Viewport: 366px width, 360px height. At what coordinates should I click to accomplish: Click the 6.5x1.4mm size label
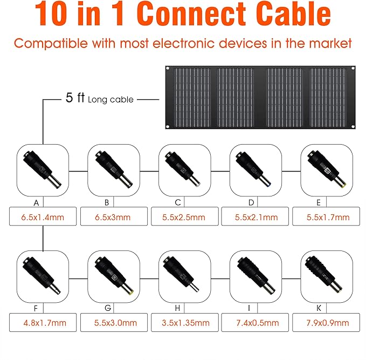[43, 218]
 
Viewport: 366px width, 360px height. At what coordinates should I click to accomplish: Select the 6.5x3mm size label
[113, 218]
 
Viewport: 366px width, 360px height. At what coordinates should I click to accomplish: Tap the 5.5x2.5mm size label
[184, 218]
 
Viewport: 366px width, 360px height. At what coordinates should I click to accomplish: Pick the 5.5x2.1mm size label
[257, 218]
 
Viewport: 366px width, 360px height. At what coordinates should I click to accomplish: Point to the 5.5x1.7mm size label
[328, 218]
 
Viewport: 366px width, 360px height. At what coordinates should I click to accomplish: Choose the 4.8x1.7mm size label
[45, 323]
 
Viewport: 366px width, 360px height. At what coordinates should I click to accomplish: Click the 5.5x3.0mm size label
[115, 323]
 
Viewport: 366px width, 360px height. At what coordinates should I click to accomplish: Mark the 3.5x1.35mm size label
[186, 323]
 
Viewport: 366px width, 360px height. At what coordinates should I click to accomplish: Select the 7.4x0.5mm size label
[258, 323]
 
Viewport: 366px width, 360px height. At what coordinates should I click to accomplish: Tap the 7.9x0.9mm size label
[328, 323]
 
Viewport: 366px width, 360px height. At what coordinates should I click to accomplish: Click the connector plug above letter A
[42, 168]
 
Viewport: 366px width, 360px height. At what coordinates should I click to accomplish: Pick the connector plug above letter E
[327, 169]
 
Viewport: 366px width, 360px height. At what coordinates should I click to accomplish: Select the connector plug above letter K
[324, 275]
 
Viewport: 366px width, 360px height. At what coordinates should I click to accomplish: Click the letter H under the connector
[177, 308]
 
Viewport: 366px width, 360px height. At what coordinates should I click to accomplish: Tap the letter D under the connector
[251, 202]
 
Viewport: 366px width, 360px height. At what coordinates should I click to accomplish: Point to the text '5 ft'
[75, 98]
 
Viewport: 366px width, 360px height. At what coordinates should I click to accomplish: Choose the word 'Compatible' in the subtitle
[51, 44]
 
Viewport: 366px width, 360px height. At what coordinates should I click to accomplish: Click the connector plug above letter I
[256, 275]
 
